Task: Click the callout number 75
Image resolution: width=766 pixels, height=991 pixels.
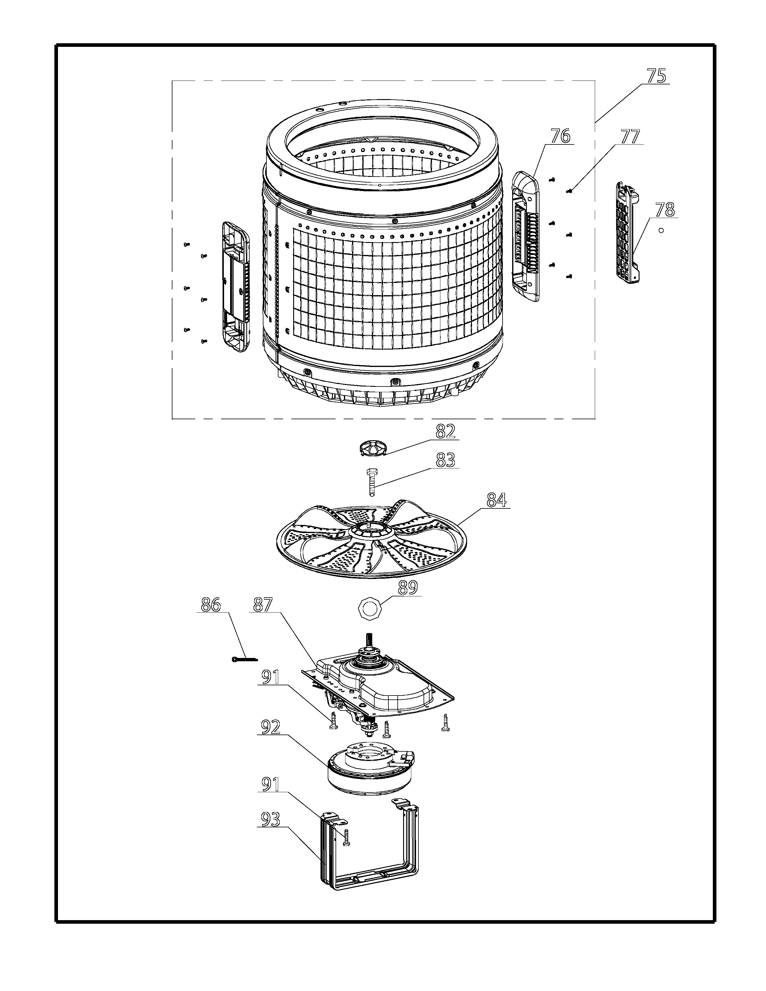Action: click(656, 76)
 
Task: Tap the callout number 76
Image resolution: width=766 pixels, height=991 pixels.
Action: click(561, 136)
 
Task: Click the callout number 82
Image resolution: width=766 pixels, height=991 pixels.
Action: click(445, 432)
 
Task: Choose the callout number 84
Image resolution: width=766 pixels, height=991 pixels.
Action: click(497, 500)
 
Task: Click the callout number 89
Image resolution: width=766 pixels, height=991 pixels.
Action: click(407, 588)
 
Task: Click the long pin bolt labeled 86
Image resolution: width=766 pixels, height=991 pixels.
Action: click(244, 659)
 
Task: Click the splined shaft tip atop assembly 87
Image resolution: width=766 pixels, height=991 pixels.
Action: click(370, 639)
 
